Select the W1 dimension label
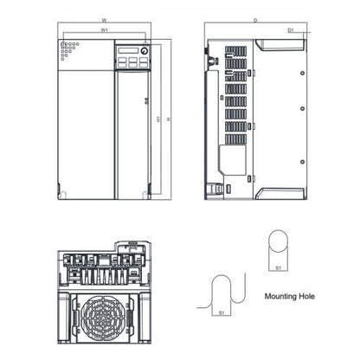click(x=105, y=29)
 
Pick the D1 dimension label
click(x=292, y=29)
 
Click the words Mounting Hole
click(x=290, y=296)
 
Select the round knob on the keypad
click(x=144, y=51)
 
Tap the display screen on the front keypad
click(x=126, y=51)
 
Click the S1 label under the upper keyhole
click(x=278, y=268)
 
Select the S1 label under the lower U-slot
click(x=222, y=311)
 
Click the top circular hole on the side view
click(x=301, y=69)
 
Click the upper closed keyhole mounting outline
click(x=278, y=246)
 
